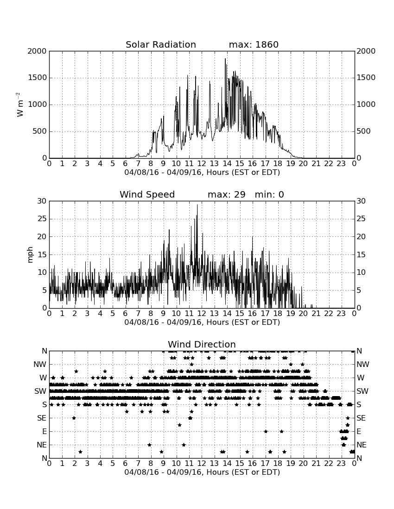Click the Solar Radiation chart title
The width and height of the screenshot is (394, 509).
click(x=160, y=44)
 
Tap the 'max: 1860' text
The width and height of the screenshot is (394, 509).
click(x=254, y=44)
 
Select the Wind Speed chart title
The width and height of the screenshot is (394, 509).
click(x=147, y=194)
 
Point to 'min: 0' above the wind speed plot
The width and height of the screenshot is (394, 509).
click(x=269, y=194)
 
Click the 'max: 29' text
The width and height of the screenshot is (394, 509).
click(x=227, y=194)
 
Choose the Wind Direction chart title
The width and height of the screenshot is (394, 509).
click(x=202, y=344)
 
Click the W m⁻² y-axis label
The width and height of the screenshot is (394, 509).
click(x=19, y=105)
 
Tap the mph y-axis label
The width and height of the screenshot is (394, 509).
click(x=30, y=255)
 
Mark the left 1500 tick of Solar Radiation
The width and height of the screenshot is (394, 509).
click(x=38, y=78)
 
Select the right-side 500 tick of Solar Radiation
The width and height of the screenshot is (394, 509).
click(x=363, y=131)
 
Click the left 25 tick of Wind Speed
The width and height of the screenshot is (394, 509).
click(x=42, y=219)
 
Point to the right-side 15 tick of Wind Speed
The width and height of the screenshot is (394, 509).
click(x=361, y=254)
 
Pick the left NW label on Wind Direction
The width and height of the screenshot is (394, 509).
click(x=40, y=364)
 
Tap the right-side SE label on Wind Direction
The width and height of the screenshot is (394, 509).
click(x=361, y=418)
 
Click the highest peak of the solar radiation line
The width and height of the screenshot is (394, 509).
click(x=225, y=59)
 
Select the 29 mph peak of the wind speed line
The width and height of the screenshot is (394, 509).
click(x=197, y=205)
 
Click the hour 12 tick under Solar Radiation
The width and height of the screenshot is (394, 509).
click(x=202, y=164)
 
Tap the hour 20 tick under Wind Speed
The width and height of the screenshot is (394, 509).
click(x=303, y=314)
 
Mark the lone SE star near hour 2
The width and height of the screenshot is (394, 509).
click(x=74, y=418)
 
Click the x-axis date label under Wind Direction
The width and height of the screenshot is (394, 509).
click(x=202, y=472)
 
